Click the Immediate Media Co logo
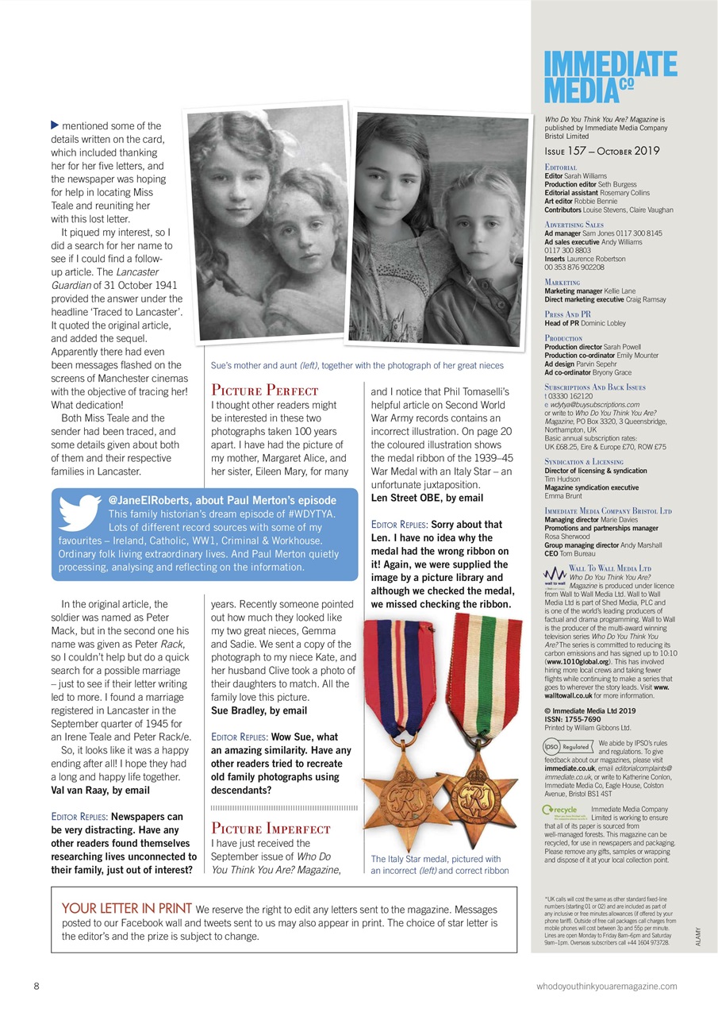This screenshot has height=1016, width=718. coord(610,77)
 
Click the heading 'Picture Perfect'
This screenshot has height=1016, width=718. coord(264,390)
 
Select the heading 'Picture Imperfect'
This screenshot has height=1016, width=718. coord(271,829)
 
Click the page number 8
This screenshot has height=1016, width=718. coord(36,986)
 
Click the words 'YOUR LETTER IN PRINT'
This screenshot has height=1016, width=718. coord(126,908)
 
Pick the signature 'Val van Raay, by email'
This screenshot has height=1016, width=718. coord(100,790)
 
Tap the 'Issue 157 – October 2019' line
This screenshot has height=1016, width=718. coord(601,151)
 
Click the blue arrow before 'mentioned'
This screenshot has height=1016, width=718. coord(55,125)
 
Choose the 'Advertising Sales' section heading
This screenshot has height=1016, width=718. coord(574,225)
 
